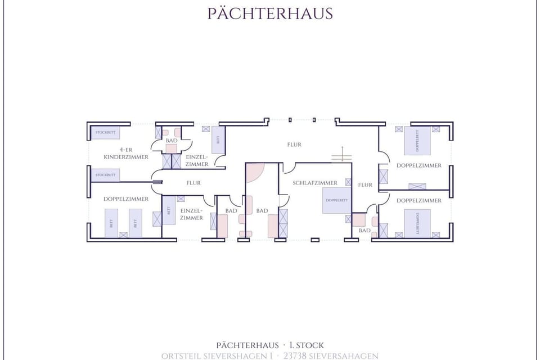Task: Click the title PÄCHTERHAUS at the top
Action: click(270, 13)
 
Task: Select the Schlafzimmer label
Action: click(315, 183)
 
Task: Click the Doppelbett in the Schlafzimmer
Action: click(336, 201)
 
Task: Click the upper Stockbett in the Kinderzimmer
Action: click(105, 133)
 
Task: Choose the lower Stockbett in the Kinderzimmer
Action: click(105, 175)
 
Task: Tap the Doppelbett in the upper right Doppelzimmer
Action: click(417, 141)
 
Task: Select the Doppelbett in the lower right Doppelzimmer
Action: click(417, 223)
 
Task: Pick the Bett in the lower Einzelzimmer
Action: click(169, 210)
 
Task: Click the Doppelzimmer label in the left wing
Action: click(126, 199)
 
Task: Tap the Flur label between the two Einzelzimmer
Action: click(193, 183)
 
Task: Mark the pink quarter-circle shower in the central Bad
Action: click(254, 172)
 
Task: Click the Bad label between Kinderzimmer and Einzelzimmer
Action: click(172, 140)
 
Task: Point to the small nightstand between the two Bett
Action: click(123, 235)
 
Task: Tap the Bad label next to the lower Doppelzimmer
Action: click(364, 231)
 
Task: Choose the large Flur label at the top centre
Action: click(294, 145)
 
